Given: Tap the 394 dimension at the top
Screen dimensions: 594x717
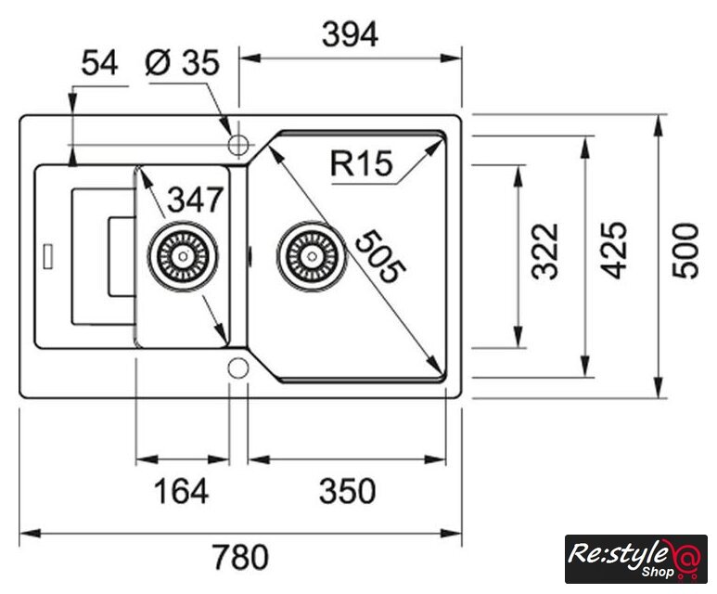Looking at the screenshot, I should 350,34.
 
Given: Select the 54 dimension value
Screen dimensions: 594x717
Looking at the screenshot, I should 99,63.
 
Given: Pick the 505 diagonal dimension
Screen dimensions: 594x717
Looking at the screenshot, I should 378,256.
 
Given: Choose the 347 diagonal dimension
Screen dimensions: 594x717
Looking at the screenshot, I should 196,199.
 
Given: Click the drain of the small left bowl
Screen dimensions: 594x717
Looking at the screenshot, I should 183,253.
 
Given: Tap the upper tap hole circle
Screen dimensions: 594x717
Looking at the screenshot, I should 238,144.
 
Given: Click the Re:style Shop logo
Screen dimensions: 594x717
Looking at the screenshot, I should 635,560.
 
